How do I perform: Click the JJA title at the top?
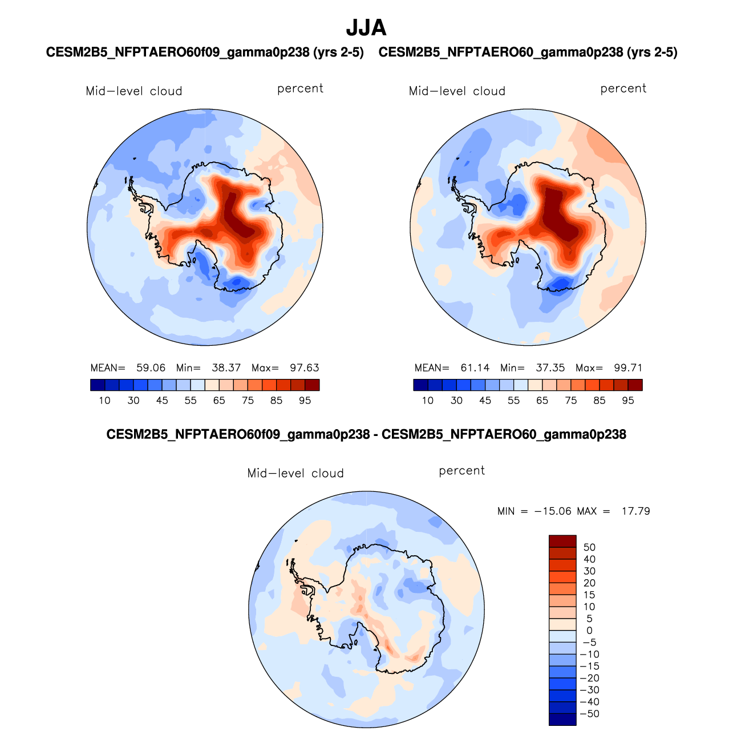coord(366,28)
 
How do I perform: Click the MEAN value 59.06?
coord(151,368)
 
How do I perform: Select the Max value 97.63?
coord(305,368)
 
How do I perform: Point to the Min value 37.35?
coord(550,368)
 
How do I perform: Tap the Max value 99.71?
coord(628,368)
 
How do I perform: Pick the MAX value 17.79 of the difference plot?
coord(635,511)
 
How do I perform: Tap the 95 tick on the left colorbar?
coord(305,401)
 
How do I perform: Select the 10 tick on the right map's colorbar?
coord(428,401)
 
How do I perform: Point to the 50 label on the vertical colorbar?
coord(589,547)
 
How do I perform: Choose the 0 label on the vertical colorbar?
coord(589,631)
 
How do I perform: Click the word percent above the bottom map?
coord(461,471)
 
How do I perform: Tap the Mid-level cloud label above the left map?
coord(134,91)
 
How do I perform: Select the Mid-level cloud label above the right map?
coord(457,91)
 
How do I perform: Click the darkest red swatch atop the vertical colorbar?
coord(562,541)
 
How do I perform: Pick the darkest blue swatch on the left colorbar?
coord(98,385)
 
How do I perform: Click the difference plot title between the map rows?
coord(366,435)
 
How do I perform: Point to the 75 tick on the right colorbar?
coord(571,401)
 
